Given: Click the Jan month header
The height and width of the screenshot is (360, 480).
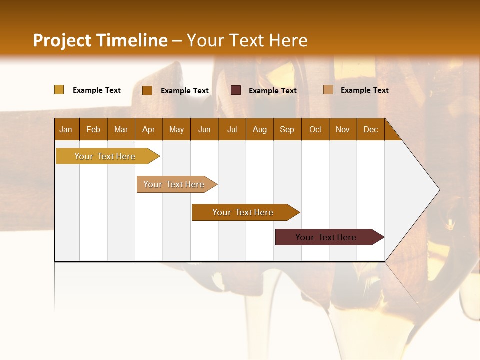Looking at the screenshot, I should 66,129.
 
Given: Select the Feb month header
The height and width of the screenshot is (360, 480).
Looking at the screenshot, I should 93,129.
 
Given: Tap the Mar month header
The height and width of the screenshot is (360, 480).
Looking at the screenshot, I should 121,129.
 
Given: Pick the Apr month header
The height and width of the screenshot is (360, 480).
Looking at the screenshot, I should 149,129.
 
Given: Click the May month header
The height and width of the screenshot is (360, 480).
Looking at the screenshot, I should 176,129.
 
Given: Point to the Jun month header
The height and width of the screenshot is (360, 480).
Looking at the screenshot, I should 204,129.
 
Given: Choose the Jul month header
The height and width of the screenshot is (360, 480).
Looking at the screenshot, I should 232,129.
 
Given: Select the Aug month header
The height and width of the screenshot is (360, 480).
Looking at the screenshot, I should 260,129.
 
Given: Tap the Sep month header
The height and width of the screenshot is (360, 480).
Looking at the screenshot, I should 287,129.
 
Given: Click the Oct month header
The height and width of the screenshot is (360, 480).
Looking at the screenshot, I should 315,129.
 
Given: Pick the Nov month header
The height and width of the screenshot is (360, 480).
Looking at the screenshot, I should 343,129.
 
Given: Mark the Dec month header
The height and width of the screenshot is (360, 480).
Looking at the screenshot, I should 371,129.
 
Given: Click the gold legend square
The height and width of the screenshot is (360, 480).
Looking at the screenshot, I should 59,90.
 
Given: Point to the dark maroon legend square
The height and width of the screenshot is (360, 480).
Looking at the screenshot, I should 236,90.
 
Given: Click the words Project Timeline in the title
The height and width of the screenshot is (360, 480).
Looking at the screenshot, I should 100,40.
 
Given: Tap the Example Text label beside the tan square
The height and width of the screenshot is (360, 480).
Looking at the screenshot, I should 364,90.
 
